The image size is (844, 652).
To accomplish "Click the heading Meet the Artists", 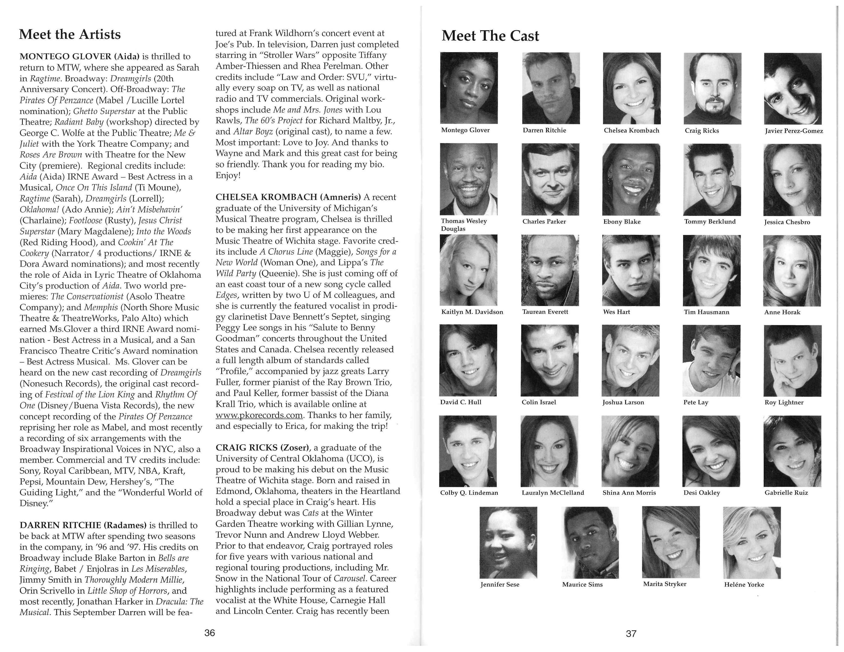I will (70, 34).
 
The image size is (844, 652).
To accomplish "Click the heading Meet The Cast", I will (490, 36).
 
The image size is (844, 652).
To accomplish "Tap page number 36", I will (209, 633).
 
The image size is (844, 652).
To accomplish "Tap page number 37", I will (631, 633).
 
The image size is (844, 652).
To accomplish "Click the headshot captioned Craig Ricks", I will (712, 88).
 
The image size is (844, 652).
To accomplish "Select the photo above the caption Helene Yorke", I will (752, 543).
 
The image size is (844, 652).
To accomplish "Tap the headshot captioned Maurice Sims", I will (591, 543).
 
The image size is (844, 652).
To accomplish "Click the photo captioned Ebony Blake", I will (631, 179).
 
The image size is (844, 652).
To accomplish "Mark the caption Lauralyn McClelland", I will (553, 493).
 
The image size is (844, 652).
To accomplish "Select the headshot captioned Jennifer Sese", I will (508, 543).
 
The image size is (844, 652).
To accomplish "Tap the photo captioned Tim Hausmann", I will (712, 270).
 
